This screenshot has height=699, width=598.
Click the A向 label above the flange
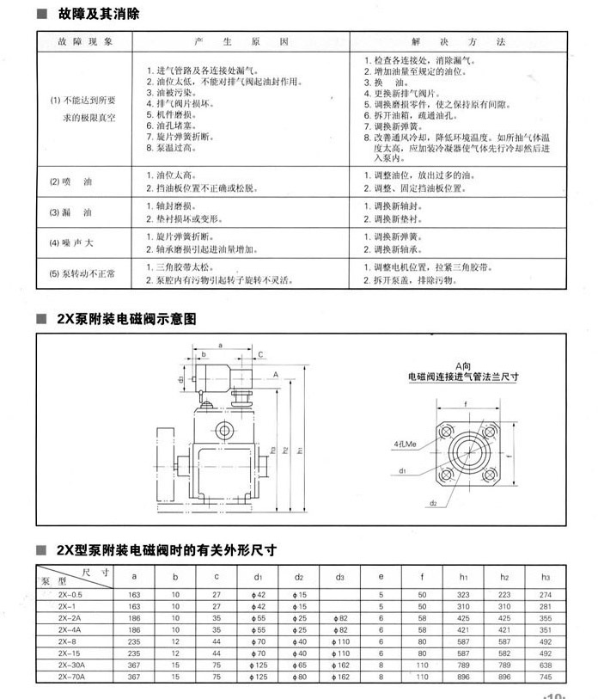click(465, 365)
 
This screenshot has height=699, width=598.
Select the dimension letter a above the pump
click(220, 344)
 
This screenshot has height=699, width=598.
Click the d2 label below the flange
click(434, 502)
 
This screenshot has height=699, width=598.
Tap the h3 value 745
click(544, 677)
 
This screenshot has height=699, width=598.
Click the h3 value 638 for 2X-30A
click(544, 665)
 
